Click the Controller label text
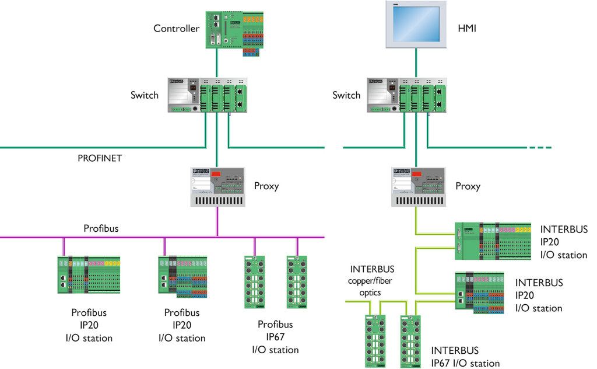(x=176, y=29)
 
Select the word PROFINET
(x=99, y=158)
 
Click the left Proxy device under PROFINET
(x=217, y=186)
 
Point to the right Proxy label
(x=468, y=186)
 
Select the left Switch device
(x=208, y=94)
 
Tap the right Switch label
(x=346, y=95)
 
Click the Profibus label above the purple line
(x=100, y=228)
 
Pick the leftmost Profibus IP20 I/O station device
(x=89, y=275)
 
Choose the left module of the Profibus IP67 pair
(x=254, y=281)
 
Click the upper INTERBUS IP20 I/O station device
(x=493, y=241)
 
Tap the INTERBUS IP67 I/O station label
(x=465, y=357)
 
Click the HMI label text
(x=467, y=28)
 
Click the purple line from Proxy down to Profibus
(x=217, y=222)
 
